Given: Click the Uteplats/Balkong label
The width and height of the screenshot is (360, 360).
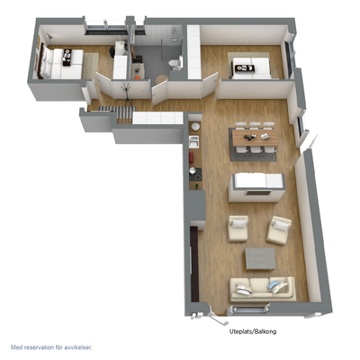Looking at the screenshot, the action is (253, 331).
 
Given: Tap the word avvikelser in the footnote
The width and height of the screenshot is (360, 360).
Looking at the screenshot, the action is (77, 347).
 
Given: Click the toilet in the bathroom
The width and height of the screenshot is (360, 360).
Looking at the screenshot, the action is (175, 64).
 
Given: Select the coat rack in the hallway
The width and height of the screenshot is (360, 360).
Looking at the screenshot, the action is (127, 94).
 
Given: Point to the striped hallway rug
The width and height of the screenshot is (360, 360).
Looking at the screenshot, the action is (117, 112).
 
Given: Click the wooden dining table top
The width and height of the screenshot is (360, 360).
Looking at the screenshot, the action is (255, 138).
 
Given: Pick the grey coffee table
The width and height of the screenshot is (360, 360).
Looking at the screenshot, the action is (260, 258).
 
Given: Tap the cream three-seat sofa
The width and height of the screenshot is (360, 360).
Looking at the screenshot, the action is (263, 289).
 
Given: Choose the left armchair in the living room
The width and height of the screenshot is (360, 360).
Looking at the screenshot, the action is (238, 228).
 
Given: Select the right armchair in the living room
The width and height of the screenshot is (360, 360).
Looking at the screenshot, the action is (279, 229).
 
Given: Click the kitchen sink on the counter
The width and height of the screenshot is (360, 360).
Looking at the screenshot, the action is (193, 141).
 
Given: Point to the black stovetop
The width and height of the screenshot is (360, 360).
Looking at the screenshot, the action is (195, 175).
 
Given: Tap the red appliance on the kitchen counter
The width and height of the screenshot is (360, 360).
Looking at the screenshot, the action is (191, 157).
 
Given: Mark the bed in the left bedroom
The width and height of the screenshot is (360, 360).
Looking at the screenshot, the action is (60, 64).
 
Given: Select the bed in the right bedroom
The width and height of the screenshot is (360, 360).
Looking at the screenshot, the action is (251, 67).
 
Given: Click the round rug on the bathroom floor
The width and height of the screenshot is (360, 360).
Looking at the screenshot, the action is (163, 80).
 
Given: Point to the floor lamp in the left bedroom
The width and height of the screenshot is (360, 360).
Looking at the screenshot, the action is (49, 39).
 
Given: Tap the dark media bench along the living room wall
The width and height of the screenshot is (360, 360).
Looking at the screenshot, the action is (194, 264).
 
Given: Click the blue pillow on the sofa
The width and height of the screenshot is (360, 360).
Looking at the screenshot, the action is (274, 285).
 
